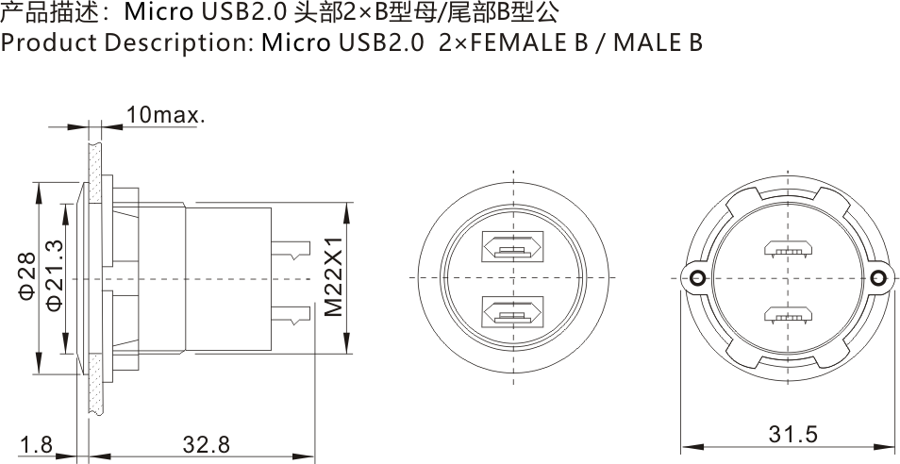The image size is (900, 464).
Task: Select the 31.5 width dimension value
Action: pyautogui.click(x=792, y=434)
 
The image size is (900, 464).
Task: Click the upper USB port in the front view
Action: pyautogui.click(x=511, y=248)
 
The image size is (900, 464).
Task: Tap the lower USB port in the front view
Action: pyautogui.click(x=511, y=311)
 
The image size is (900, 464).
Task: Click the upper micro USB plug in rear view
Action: pyautogui.click(x=789, y=249)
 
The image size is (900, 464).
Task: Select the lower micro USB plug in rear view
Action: pyautogui.click(x=789, y=315)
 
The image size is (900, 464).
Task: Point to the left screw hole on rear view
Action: pyautogui.click(x=696, y=277)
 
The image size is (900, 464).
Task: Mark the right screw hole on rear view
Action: pyautogui.click(x=879, y=277)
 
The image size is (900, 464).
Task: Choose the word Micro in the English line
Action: pyautogui.click(x=293, y=43)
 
